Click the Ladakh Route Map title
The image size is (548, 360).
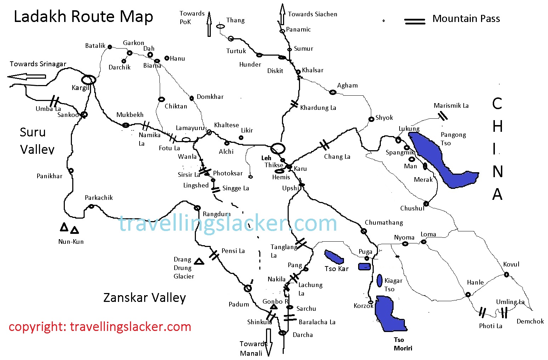(83, 17)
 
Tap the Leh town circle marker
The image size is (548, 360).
(278, 148)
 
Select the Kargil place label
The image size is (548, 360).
(80, 88)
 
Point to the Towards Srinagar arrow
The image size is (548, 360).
(27, 77)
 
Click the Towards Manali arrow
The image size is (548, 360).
(269, 342)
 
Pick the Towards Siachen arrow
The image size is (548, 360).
(282, 14)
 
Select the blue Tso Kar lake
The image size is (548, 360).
(334, 257)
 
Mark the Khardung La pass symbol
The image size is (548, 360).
(294, 104)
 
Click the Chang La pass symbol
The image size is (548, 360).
(324, 145)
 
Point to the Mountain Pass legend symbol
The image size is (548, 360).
(415, 21)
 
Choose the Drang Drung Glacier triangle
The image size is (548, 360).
(199, 261)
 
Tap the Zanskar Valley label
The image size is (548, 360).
(145, 298)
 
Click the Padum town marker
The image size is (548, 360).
(248, 288)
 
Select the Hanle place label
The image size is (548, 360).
(475, 282)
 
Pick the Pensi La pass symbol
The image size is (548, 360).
(214, 255)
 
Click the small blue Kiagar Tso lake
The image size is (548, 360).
(379, 280)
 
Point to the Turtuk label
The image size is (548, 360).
(236, 51)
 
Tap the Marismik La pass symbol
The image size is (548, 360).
(442, 115)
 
